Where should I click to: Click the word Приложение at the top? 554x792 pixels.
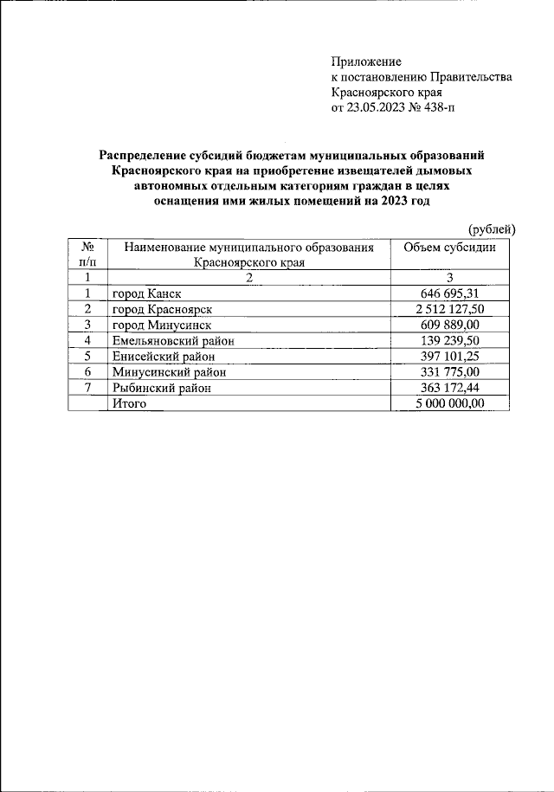click(366, 61)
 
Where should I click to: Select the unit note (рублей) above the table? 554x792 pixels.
click(492, 229)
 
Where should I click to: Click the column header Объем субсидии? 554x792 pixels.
click(450, 247)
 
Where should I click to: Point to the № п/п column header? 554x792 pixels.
click(87, 254)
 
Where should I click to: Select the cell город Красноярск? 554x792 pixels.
click(162, 309)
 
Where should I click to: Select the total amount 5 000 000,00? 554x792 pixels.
click(450, 403)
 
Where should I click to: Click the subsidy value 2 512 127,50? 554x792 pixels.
click(450, 309)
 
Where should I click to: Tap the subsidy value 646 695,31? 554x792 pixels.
click(450, 293)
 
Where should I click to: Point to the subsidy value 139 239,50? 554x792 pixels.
click(450, 340)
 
